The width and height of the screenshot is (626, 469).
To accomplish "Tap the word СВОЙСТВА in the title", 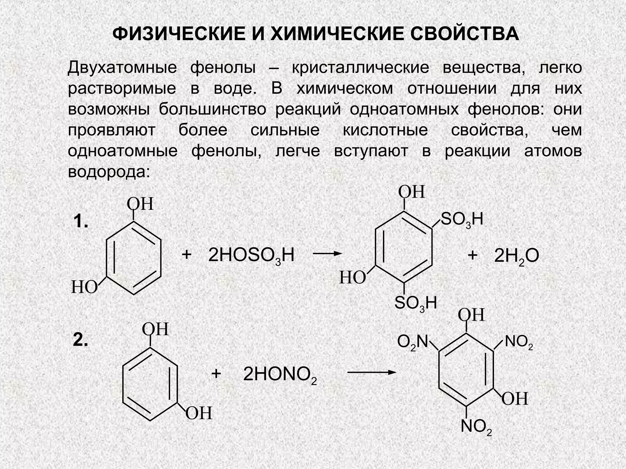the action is (x=465, y=34).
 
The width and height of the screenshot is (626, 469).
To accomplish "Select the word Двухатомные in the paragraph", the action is (x=122, y=67).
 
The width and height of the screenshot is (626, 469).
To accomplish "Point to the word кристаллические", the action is (x=360, y=67).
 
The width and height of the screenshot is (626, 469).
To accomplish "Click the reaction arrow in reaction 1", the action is (x=327, y=253).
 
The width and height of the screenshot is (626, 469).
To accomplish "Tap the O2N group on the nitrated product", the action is (x=412, y=342).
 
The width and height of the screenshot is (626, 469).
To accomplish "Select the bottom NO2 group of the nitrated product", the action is (x=476, y=427).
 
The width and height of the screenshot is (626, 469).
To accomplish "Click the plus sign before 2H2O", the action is (x=473, y=255).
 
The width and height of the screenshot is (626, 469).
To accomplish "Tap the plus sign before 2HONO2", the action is (x=216, y=374).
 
